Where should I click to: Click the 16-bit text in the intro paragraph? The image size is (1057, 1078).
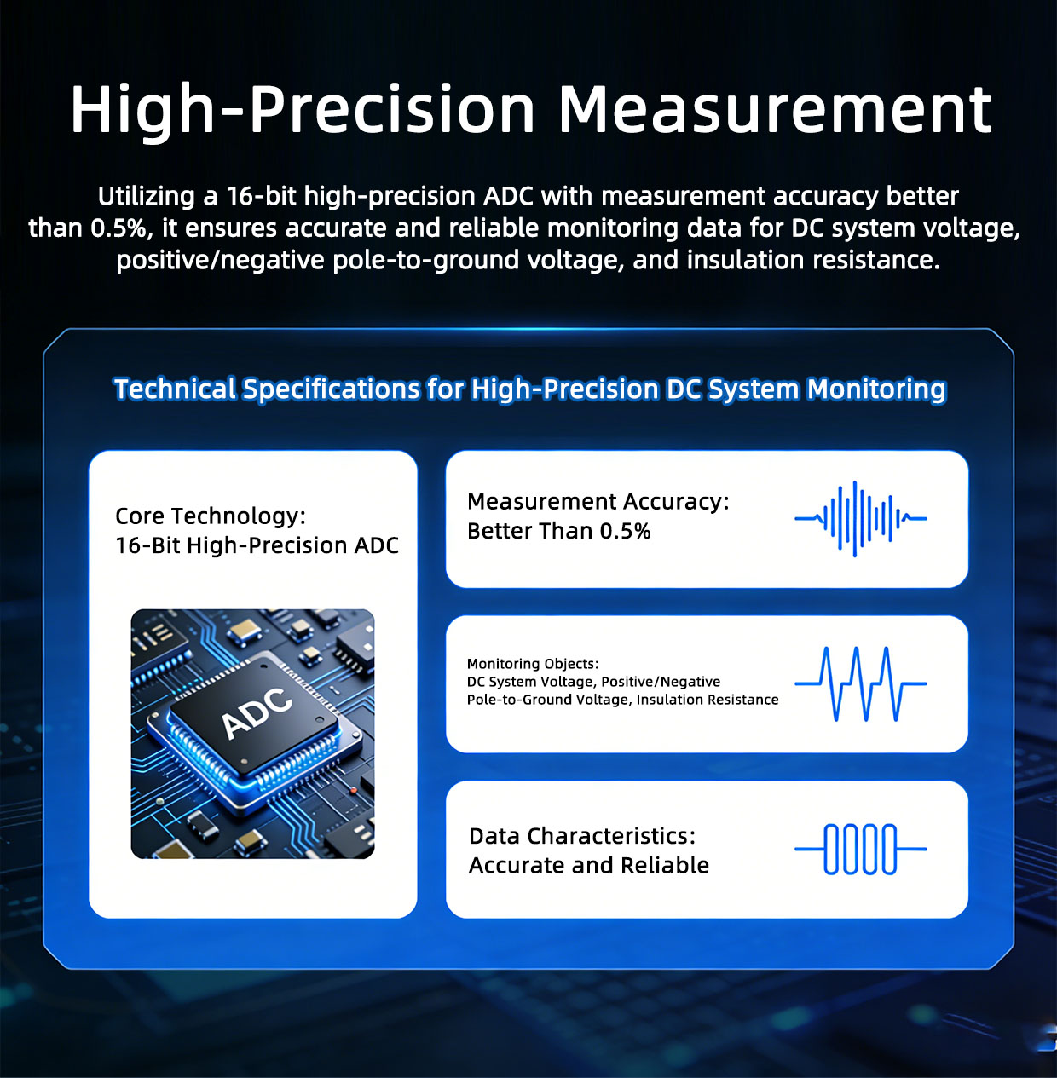[261, 196]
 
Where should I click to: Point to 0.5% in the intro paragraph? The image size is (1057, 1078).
[118, 228]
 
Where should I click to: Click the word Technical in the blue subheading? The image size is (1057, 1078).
[175, 389]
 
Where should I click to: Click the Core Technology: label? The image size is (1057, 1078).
[211, 516]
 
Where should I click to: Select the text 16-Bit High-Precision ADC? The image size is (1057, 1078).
[257, 545]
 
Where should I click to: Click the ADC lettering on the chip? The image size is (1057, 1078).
[257, 712]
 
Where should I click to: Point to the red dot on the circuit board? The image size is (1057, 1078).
[353, 790]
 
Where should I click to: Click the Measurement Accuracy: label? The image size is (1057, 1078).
[598, 502]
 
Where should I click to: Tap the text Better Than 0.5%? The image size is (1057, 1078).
[558, 531]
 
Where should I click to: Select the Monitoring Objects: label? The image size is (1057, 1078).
[533, 664]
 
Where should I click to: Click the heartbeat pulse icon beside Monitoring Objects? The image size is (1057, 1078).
[860, 683]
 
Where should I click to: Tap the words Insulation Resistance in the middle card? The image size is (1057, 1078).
[708, 700]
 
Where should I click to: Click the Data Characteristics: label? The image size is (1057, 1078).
[582, 836]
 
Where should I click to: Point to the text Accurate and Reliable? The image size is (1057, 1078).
[589, 866]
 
